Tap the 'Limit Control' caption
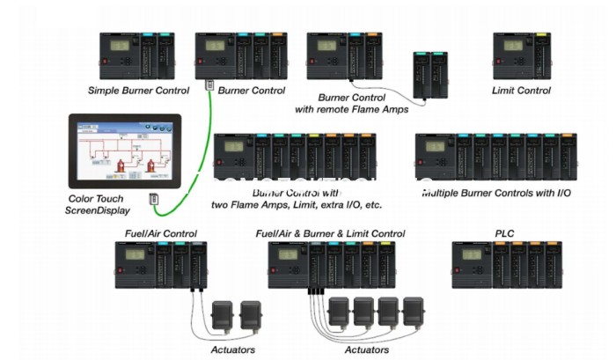[522, 90]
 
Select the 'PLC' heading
[504, 233]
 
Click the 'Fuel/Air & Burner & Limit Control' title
[330, 233]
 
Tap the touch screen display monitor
[124, 152]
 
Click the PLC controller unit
[504, 264]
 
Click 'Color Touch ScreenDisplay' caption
[99, 204]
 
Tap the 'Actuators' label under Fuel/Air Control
[233, 349]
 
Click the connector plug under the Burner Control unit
[210, 84]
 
